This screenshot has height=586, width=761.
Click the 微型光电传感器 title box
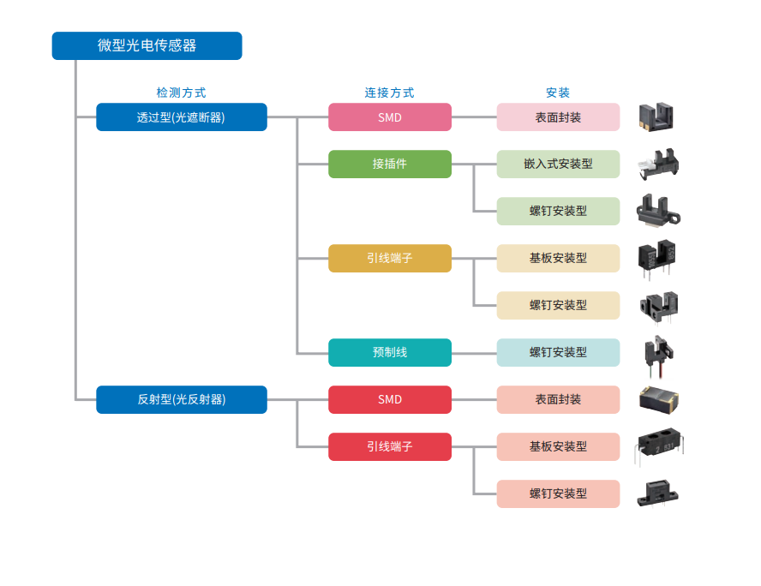(x=147, y=45)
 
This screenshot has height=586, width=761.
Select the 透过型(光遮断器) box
(x=181, y=117)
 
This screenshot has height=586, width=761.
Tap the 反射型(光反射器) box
(x=181, y=399)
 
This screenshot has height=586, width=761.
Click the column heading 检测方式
(x=181, y=93)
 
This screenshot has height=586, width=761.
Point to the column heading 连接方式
(x=389, y=93)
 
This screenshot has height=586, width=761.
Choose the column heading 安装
(x=558, y=93)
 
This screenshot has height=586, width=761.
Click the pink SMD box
(x=389, y=117)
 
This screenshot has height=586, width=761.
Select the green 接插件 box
(x=389, y=164)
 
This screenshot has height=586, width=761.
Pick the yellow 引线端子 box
(x=389, y=258)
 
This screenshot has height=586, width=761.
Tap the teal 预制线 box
(x=389, y=352)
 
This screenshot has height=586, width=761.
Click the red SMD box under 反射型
(x=389, y=399)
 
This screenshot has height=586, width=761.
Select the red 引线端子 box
(x=389, y=446)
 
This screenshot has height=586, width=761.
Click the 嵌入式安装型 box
(x=558, y=164)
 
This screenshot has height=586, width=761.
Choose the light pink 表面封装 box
(x=558, y=117)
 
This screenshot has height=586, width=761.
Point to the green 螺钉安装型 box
(x=558, y=211)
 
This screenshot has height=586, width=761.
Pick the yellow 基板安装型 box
(x=558, y=258)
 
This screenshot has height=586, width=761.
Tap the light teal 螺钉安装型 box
(x=558, y=352)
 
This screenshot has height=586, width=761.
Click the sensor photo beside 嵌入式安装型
(x=657, y=164)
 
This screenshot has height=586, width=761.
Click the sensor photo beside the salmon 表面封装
(x=659, y=399)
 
